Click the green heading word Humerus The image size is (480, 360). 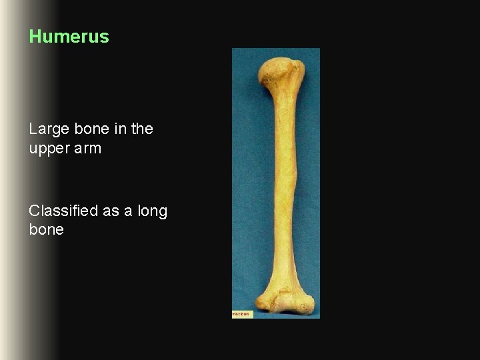coord(69,37)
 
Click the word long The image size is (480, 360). coord(153,211)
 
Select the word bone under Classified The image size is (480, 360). coord(46,230)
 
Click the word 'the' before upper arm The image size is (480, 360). coord(141,129)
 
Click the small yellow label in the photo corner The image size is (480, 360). coord(242,314)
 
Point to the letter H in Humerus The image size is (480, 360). coord(35,37)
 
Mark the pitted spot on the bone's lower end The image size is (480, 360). coord(304,307)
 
